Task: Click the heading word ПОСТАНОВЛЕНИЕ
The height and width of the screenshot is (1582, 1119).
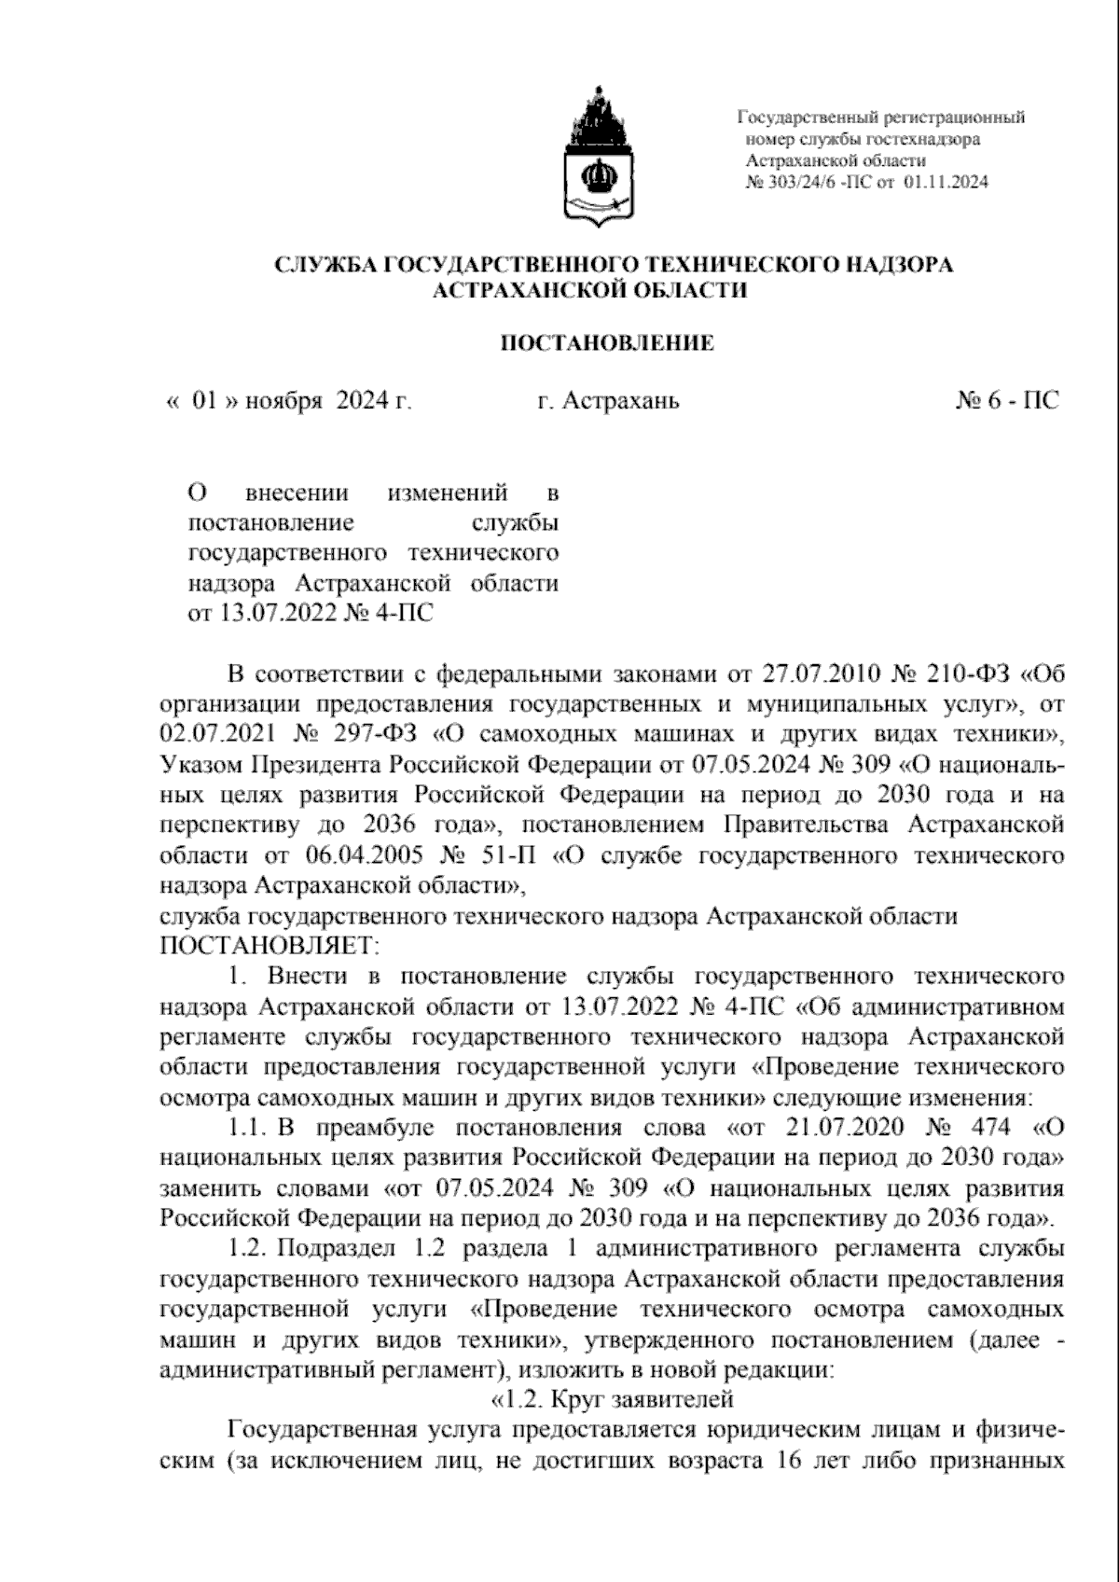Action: pos(608,344)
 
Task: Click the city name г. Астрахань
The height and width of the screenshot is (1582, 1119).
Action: pos(608,402)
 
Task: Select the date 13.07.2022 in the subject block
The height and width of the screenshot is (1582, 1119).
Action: pos(274,614)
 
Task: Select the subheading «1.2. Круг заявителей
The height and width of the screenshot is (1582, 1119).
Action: pos(612,1399)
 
